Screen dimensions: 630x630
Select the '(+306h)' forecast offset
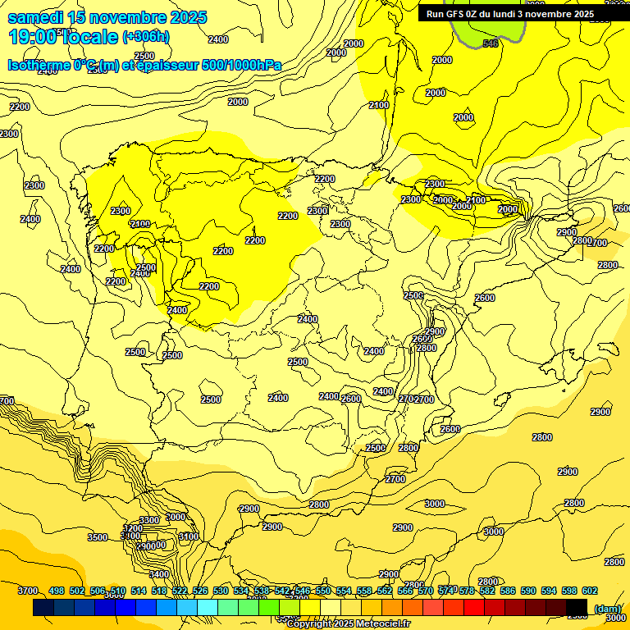[145, 37]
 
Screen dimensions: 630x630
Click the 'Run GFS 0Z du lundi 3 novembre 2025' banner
[509, 14]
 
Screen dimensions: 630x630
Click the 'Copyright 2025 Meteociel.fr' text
[348, 624]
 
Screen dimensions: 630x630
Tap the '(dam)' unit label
[607, 609]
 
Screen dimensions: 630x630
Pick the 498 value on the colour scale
[57, 591]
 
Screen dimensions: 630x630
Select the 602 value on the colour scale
[590, 591]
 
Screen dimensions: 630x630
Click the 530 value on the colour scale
[221, 591]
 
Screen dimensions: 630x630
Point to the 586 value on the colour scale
[508, 591]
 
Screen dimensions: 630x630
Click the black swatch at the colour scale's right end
[577, 608]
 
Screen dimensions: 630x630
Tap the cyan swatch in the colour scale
[208, 608]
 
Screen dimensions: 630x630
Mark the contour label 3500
[98, 537]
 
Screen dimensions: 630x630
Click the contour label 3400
[159, 574]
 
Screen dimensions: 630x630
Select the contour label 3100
[189, 536]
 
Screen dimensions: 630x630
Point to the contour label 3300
[149, 520]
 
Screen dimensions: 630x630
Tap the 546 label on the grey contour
[491, 43]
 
